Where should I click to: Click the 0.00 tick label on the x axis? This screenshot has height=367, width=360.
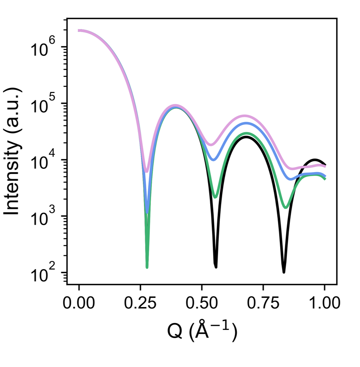[x=79, y=304]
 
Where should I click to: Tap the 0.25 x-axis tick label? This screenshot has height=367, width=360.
[x=140, y=304]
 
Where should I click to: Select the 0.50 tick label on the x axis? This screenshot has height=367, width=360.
[x=202, y=304]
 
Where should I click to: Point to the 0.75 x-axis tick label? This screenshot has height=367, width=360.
[x=263, y=304]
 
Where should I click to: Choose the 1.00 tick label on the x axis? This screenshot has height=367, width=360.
[x=324, y=304]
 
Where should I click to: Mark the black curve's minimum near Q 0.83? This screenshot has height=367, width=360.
[x=284, y=272]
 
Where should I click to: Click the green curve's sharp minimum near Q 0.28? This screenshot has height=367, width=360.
[x=147, y=267]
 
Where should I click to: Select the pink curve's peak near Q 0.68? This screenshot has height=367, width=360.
[x=246, y=116]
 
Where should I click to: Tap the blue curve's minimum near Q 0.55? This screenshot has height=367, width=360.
[x=213, y=160]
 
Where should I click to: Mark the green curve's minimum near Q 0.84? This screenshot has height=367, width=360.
[x=286, y=207]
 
